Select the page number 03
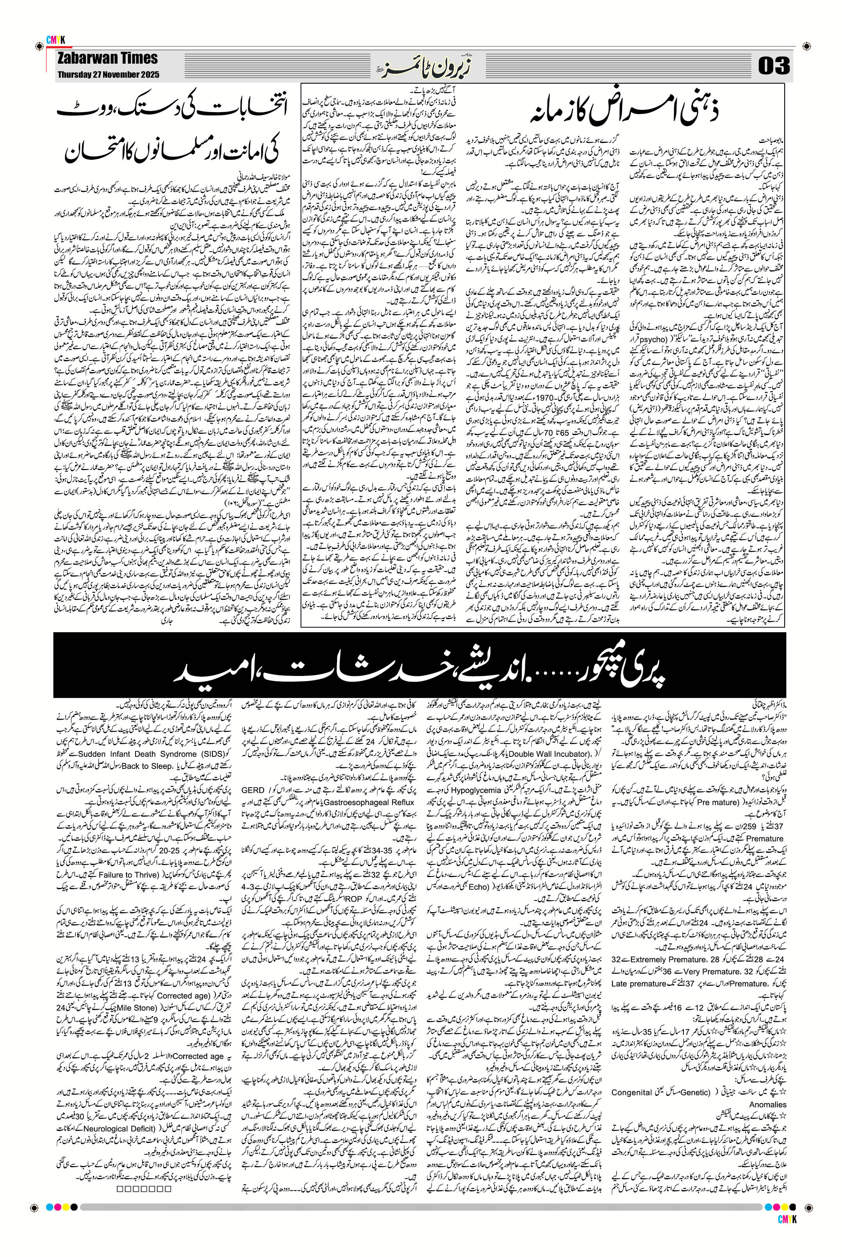pyautogui.click(x=774, y=66)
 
